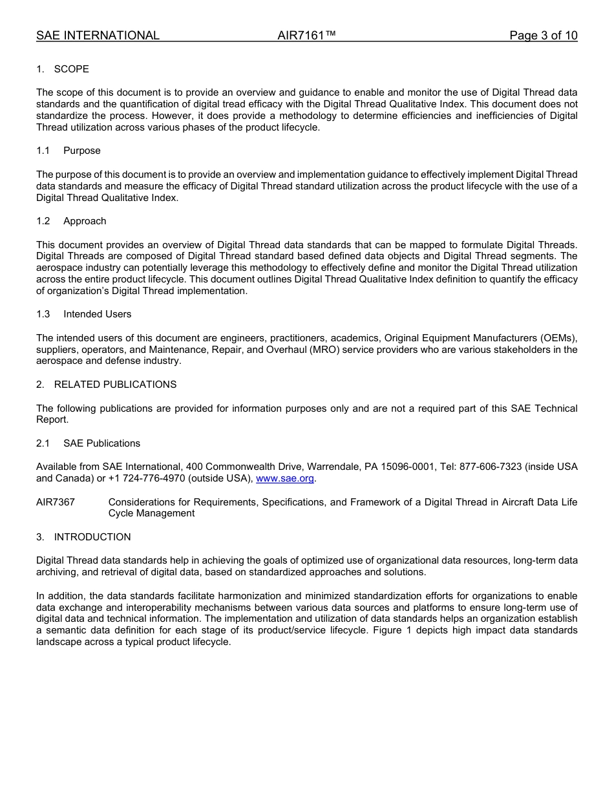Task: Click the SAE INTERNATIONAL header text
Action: [98, 36]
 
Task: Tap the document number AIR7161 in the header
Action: [306, 36]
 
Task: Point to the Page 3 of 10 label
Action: [543, 36]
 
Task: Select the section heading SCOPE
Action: [71, 69]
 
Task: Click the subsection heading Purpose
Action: [82, 151]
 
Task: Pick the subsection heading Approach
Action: [85, 221]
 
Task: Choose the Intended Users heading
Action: [97, 314]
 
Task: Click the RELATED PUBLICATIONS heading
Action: [115, 385]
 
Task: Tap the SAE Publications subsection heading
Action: [101, 443]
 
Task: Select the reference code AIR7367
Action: [56, 502]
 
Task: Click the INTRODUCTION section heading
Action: [92, 537]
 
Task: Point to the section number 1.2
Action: [43, 221]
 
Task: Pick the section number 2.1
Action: [43, 443]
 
